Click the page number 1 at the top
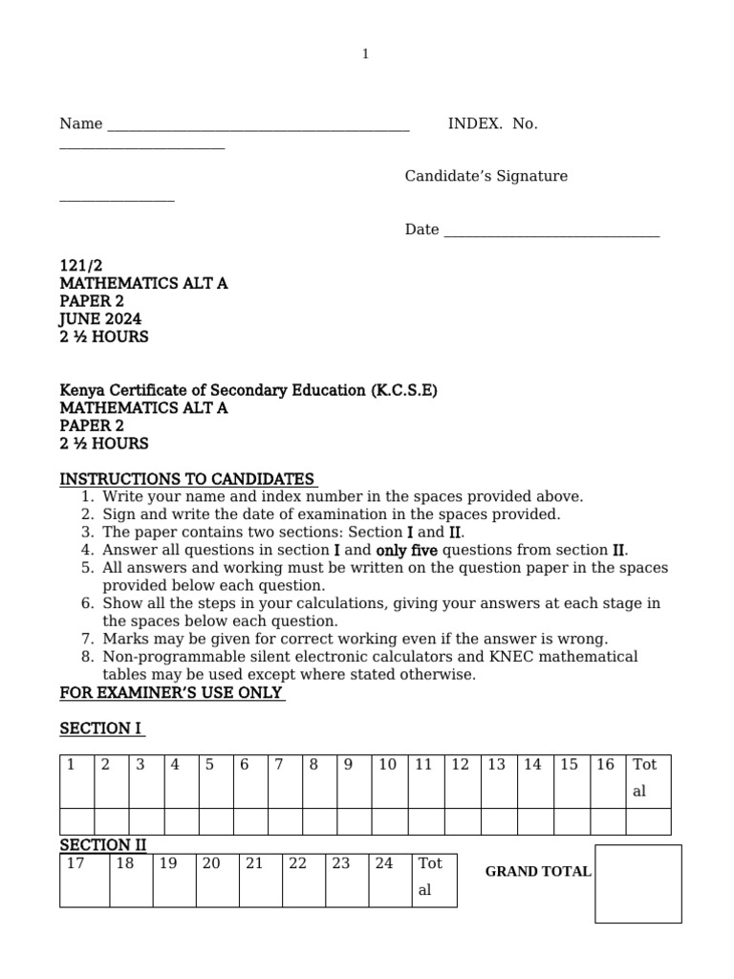(x=365, y=54)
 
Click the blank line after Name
(x=258, y=127)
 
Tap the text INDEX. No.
(x=492, y=123)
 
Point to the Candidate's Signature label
(x=486, y=176)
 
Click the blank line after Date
(x=550, y=232)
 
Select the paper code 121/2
(x=81, y=266)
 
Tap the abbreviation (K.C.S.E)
(x=403, y=390)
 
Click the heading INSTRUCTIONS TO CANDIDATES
(x=187, y=479)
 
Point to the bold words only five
(x=406, y=550)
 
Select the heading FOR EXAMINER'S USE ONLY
(x=172, y=692)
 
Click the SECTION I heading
(x=100, y=729)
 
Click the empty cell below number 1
(x=76, y=820)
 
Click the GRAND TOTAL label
(x=538, y=872)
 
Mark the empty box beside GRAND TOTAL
(x=637, y=883)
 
